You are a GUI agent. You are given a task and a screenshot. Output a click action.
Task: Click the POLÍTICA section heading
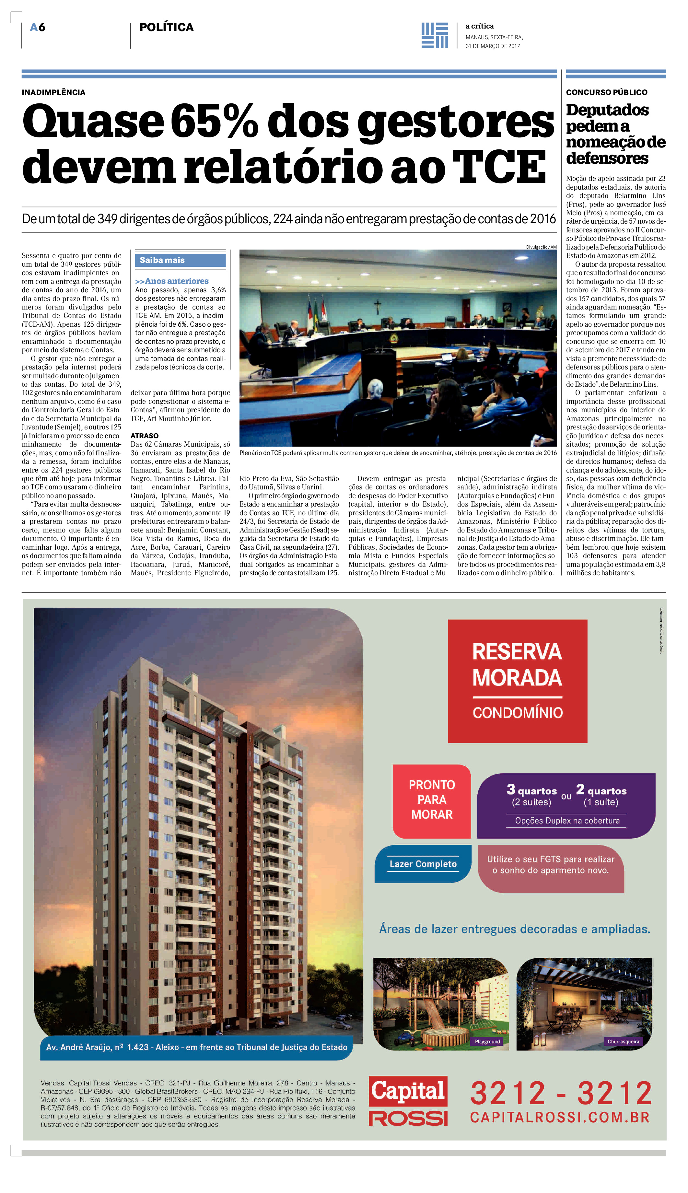pos(166,28)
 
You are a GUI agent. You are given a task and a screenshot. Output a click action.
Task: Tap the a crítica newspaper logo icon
pos(434,35)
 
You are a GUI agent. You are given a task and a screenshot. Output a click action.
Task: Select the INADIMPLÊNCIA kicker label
pos(53,92)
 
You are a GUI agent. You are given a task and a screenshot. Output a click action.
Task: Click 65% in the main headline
pos(214,122)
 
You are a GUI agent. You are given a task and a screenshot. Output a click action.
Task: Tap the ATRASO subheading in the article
pos(145,436)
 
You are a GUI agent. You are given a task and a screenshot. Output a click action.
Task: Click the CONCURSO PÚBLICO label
pos(606,92)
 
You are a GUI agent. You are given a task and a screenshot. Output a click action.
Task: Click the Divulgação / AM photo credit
pos(541,247)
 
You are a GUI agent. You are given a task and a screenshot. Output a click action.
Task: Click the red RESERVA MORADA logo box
pos(518,681)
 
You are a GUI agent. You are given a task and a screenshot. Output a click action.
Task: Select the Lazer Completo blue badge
pos(423,864)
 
